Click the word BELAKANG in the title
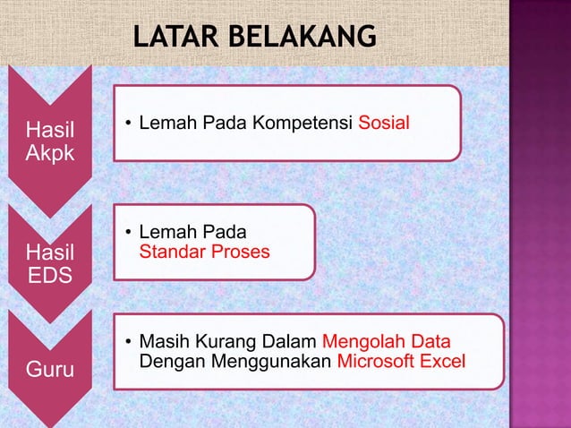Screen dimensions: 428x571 click(x=302, y=37)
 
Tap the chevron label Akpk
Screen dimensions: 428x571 click(x=50, y=153)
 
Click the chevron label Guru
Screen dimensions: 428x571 click(x=50, y=369)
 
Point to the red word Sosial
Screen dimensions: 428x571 click(x=384, y=122)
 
